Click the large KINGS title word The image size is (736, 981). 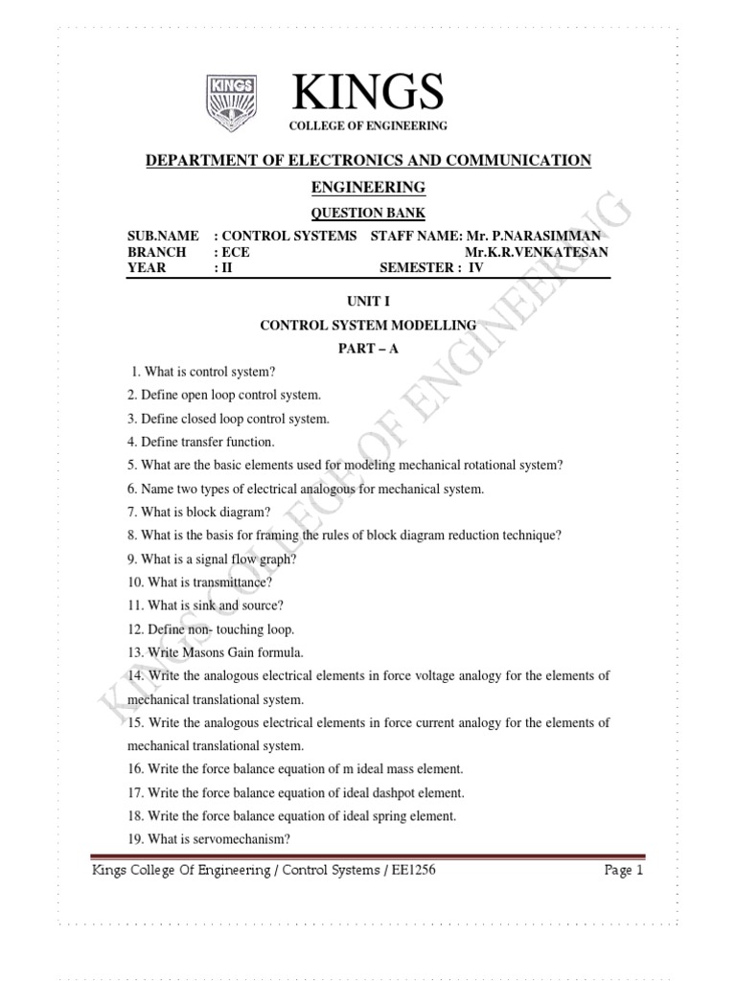369,92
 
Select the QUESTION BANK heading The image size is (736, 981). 368,212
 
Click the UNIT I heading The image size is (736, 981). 368,302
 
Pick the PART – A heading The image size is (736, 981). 368,349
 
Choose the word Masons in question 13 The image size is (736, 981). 205,652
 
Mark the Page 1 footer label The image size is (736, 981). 624,871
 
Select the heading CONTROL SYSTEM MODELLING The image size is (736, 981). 368,326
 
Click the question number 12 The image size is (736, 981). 134,629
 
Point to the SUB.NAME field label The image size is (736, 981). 163,236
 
